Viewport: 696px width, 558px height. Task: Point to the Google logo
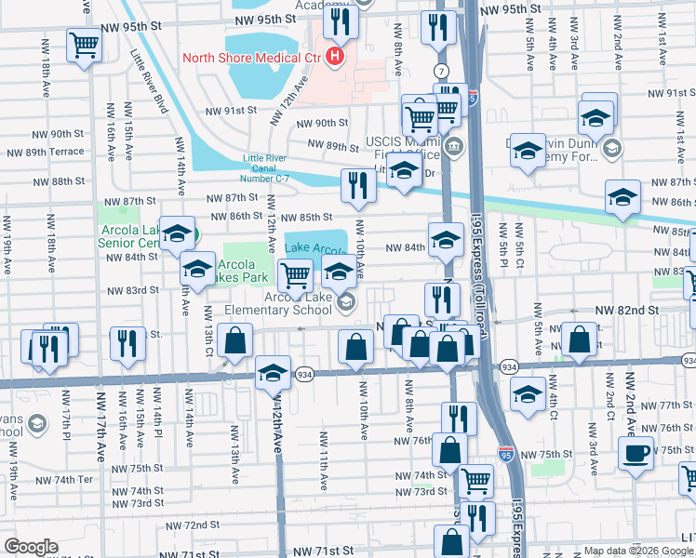pos(31,547)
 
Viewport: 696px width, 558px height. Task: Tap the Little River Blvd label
pos(149,79)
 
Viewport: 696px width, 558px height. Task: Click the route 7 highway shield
pos(438,72)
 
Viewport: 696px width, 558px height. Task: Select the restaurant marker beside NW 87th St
pos(357,184)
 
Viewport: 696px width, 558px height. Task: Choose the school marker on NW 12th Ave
pos(272,372)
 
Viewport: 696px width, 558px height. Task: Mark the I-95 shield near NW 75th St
pos(505,454)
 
